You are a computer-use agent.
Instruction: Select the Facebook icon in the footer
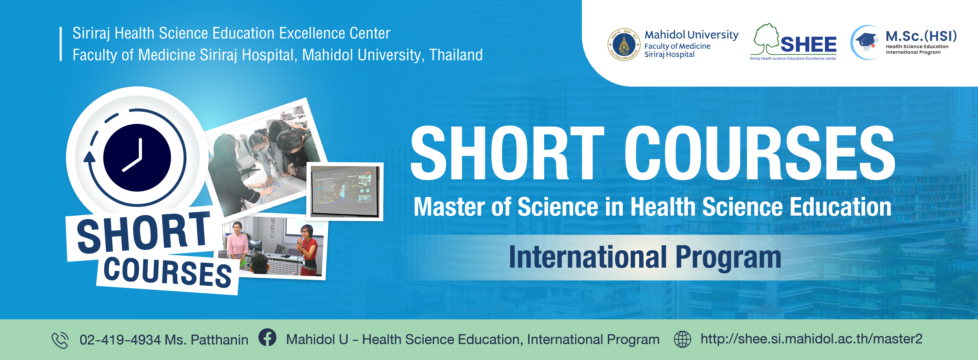(267, 337)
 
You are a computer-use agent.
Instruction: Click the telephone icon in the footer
(60, 340)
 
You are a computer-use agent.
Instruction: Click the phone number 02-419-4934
(120, 340)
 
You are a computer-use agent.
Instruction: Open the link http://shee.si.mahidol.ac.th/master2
(811, 339)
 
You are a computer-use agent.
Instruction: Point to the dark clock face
(137, 158)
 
